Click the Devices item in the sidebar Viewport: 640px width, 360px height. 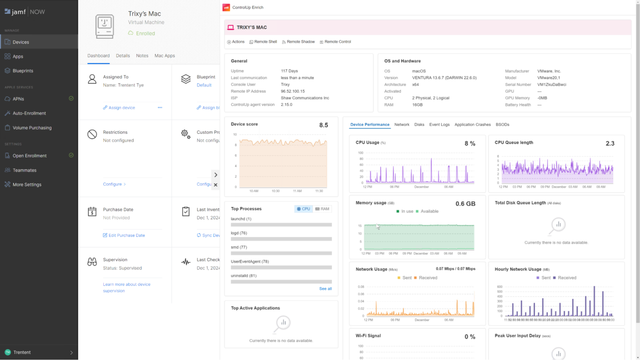(x=20, y=42)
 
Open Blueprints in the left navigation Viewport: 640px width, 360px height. (x=22, y=71)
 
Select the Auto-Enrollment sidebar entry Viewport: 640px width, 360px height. (x=29, y=113)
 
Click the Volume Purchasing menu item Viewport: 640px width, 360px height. (x=32, y=128)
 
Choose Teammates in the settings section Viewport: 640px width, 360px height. (x=24, y=170)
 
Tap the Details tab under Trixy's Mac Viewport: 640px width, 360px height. (x=122, y=56)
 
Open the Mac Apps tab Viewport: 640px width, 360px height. (x=165, y=56)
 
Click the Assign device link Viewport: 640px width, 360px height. (x=121, y=108)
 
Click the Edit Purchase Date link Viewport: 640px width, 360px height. (x=126, y=235)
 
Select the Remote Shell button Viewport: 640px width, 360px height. (x=265, y=42)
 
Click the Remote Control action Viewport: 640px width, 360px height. (x=337, y=42)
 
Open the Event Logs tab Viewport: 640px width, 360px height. (x=439, y=125)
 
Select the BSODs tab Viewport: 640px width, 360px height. (x=502, y=125)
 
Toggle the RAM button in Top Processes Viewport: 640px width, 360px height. (x=322, y=209)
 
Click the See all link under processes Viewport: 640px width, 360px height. (x=325, y=289)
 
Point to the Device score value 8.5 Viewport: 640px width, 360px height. (x=323, y=125)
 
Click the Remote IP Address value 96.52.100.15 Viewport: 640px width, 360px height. (x=292, y=91)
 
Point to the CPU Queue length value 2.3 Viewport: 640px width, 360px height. (x=610, y=144)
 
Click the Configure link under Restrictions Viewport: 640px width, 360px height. (x=112, y=184)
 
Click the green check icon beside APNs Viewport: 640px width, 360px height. (x=71, y=99)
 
